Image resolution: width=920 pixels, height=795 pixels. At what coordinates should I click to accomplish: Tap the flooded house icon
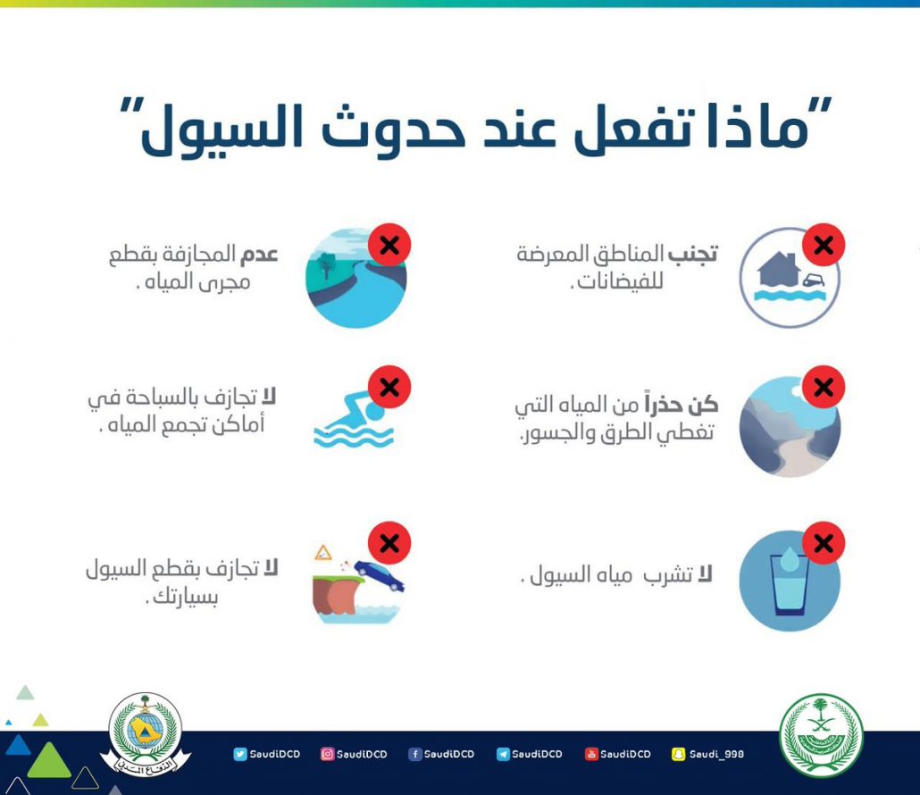[x=790, y=277]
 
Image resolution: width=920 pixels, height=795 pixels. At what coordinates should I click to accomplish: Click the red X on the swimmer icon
[x=389, y=388]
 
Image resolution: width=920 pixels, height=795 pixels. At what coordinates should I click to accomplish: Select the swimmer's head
[x=374, y=411]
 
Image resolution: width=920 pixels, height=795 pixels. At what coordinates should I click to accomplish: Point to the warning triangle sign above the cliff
[x=322, y=553]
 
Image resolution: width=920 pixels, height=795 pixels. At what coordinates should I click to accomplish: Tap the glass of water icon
[x=790, y=581]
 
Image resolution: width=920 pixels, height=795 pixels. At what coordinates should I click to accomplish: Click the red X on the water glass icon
[x=824, y=543]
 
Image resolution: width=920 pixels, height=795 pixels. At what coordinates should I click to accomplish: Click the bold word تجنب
[x=693, y=255]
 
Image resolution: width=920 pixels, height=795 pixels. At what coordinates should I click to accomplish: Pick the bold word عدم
[x=258, y=255]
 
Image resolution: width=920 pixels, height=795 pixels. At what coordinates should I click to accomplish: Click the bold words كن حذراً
[x=682, y=404]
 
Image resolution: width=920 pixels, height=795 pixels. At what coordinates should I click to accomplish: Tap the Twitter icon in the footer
[x=240, y=754]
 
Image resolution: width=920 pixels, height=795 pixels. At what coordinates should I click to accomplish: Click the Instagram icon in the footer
[x=328, y=754]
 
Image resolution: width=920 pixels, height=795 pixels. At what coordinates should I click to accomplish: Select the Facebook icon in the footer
[x=414, y=754]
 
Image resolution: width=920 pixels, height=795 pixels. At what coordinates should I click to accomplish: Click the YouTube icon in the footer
[x=590, y=754]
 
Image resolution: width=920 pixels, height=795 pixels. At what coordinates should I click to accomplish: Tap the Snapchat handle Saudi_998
[x=716, y=754]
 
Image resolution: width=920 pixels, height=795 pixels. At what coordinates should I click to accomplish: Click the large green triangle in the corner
[x=49, y=761]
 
